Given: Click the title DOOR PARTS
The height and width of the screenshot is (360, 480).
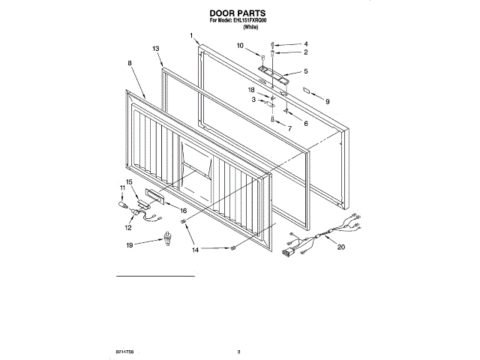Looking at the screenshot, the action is pos(239,13).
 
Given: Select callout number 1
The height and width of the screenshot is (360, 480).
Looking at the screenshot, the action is pos(192,35).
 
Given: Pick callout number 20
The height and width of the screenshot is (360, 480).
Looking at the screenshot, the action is pos(341,247).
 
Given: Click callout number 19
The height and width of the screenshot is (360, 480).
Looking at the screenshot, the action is pos(129,245).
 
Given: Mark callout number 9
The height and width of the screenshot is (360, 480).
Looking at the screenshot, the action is pos(326,100).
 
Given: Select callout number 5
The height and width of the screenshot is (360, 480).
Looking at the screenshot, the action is pos(305,71).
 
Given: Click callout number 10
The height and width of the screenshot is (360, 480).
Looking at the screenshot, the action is pos(241,46).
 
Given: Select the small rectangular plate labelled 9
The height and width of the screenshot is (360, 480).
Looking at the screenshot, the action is pos(307,88).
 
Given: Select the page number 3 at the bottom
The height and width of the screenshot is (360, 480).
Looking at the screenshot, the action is pos(238,351).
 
